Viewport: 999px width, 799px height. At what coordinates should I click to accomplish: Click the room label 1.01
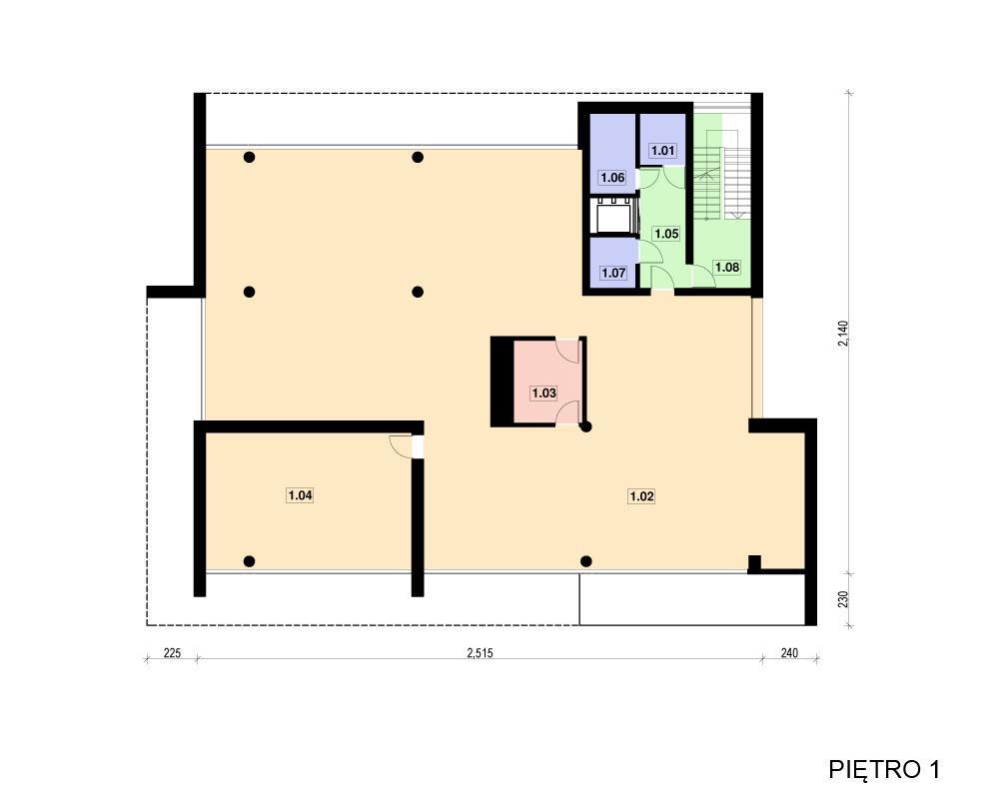(x=662, y=151)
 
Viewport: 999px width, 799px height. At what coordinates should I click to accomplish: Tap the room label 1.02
(x=641, y=495)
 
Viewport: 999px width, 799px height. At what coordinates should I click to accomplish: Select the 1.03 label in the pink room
(x=544, y=394)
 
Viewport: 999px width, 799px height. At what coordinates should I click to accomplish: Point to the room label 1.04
(x=300, y=495)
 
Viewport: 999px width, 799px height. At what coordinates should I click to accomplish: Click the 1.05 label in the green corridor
(x=666, y=234)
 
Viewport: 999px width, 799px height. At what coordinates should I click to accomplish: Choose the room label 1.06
(x=612, y=177)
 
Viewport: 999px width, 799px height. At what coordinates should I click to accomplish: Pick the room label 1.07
(x=613, y=273)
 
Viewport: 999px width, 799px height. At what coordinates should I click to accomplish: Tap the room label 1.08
(x=727, y=267)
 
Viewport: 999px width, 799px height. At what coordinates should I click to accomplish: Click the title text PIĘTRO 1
(x=884, y=769)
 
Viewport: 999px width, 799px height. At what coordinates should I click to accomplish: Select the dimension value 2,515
(x=480, y=652)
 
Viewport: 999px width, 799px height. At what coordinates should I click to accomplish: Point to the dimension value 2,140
(x=843, y=334)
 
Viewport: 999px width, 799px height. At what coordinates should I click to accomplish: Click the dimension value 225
(x=172, y=652)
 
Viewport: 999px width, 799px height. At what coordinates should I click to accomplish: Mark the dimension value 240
(x=789, y=652)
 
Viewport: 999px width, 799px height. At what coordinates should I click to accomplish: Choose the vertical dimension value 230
(x=843, y=599)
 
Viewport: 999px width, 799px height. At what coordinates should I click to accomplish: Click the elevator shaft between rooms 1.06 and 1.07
(x=613, y=216)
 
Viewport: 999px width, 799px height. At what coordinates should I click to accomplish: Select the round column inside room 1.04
(x=249, y=561)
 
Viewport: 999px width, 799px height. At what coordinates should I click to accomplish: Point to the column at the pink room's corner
(x=585, y=426)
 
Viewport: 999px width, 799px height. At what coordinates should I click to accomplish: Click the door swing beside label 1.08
(x=702, y=276)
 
